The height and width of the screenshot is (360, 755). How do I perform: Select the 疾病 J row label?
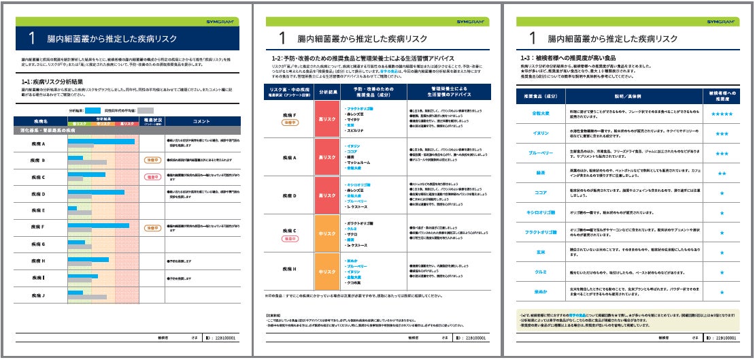38,295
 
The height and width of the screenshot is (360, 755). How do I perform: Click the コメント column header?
202,120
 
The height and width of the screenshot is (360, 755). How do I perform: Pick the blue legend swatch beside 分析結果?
93,110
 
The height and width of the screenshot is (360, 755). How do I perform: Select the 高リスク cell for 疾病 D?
326,197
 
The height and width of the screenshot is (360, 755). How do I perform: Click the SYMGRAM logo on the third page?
720,22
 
